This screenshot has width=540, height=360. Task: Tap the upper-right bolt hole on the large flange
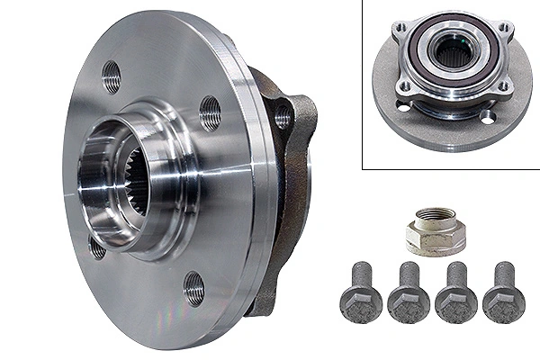click(210, 112)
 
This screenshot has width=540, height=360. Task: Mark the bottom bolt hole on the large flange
click(193, 288)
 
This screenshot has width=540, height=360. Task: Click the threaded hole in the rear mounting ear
click(283, 117)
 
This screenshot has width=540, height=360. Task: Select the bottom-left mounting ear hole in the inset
click(402, 87)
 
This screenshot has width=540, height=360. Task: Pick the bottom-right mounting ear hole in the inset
click(506, 87)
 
